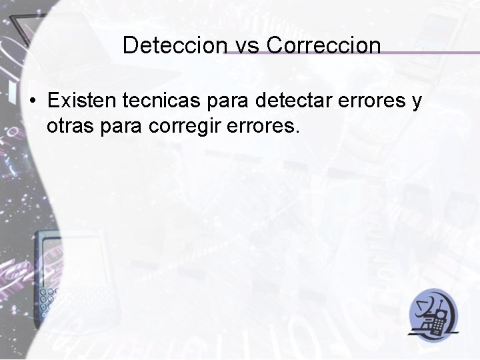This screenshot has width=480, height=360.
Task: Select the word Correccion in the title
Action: click(x=323, y=45)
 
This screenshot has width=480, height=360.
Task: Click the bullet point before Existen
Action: click(x=33, y=102)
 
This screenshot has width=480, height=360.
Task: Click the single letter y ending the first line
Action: click(x=417, y=103)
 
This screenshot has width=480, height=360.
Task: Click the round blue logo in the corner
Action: click(x=434, y=313)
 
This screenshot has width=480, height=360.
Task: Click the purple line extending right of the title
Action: click(x=427, y=52)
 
